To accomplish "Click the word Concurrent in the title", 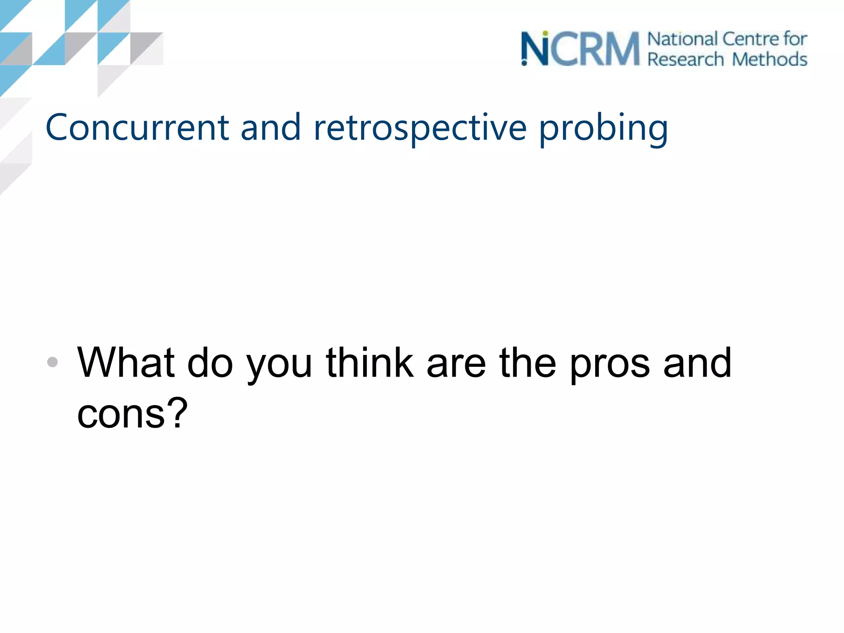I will click(137, 128).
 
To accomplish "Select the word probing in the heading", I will click(603, 129).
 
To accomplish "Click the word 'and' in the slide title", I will click(270, 128).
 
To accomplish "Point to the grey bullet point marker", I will click(52, 362).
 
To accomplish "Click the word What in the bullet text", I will click(126, 363).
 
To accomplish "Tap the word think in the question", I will click(369, 363).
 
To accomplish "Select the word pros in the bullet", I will click(610, 365).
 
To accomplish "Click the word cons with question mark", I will click(132, 413).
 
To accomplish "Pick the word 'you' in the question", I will click(279, 365).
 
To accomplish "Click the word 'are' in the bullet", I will click(456, 364).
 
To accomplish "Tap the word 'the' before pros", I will click(527, 363).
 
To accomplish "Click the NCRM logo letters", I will click(580, 49).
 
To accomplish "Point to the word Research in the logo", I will click(685, 59).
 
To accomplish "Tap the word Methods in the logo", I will click(769, 59).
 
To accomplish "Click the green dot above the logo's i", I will click(545, 33).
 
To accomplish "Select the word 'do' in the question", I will click(210, 363).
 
